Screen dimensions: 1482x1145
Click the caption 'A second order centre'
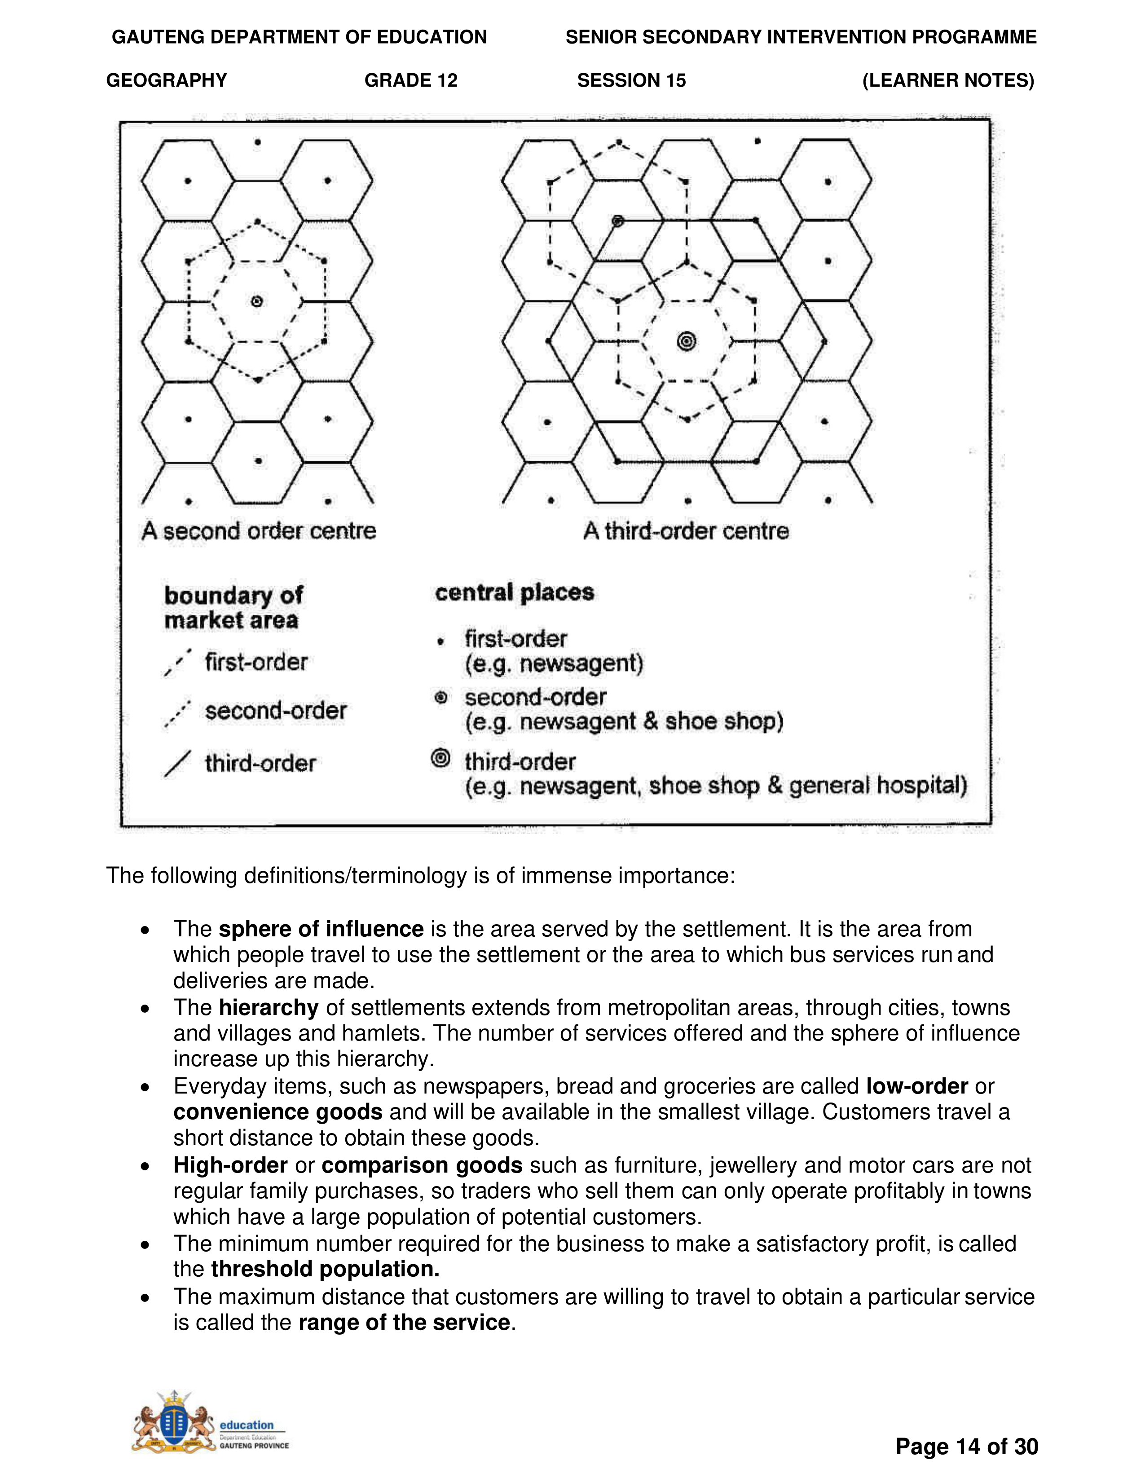pos(259,531)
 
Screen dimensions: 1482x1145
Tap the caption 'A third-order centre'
pos(686,531)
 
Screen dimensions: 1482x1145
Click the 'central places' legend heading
pos(514,592)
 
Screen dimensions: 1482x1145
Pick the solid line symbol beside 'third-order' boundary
pos(177,763)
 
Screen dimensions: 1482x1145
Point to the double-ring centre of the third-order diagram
pos(687,341)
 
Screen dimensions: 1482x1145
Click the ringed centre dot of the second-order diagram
pos(256,301)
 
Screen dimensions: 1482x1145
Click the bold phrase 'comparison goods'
pos(422,1164)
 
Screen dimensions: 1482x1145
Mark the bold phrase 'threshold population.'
pos(326,1269)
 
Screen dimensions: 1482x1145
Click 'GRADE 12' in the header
pos(411,80)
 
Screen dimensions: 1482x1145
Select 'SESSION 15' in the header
pos(631,80)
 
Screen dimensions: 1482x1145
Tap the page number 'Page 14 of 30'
pos(967,1446)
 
